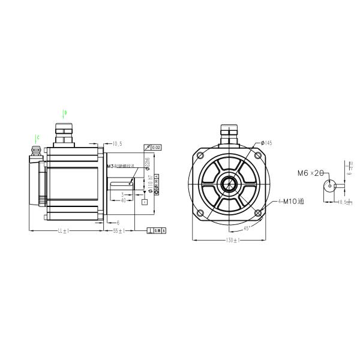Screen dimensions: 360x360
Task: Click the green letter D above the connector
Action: click(65, 112)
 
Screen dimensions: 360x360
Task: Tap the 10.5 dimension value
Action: click(117, 144)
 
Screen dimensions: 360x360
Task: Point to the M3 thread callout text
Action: click(119, 166)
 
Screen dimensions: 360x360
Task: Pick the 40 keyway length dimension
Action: click(123, 200)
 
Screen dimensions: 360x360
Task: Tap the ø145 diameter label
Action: click(266, 143)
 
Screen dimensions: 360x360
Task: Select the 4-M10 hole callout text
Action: click(291, 202)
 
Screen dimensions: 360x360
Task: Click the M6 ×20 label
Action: click(310, 173)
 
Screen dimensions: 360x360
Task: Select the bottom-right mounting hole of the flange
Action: click(259, 213)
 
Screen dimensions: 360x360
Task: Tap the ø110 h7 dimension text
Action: click(150, 182)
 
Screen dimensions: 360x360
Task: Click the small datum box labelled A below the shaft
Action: click(144, 202)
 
